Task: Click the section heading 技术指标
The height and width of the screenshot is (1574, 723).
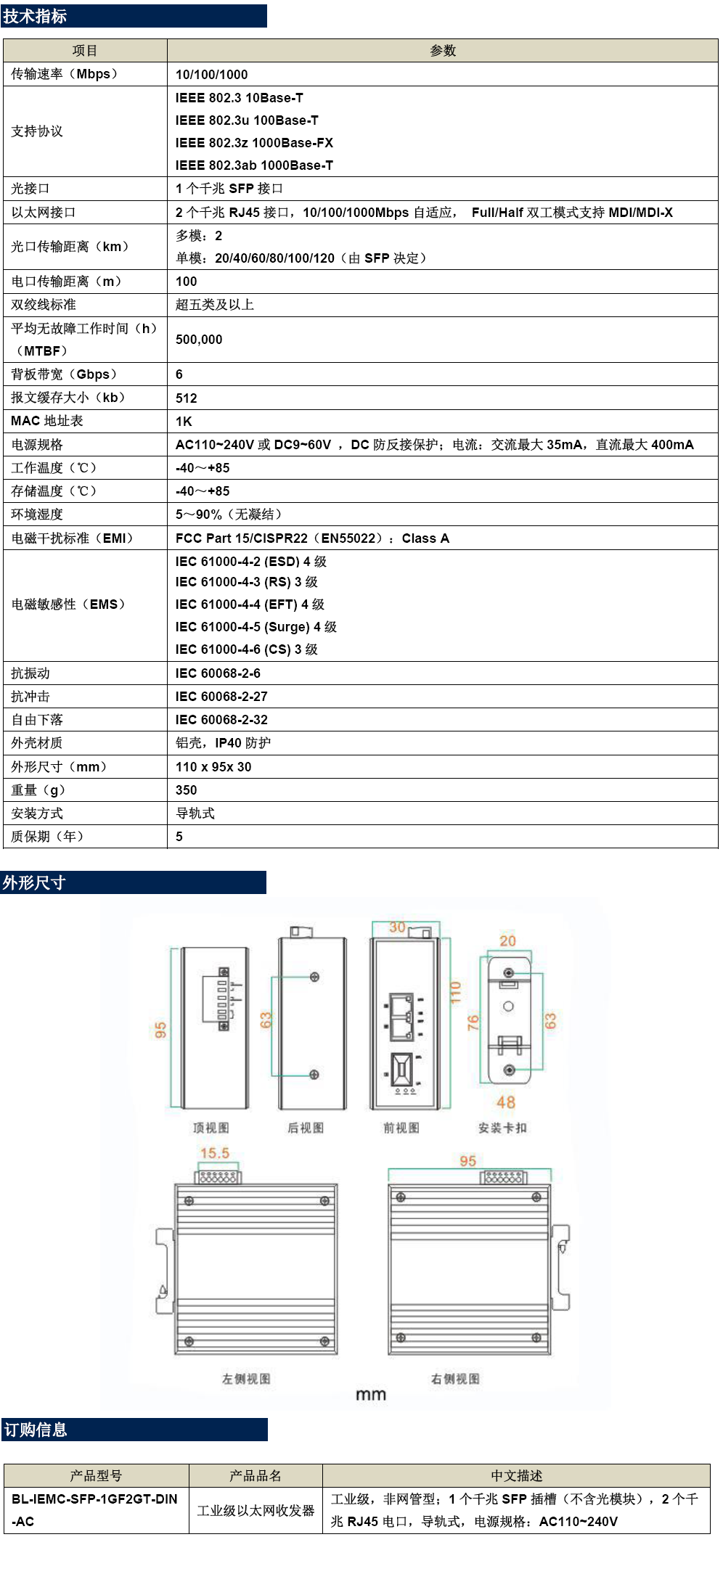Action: coord(35,16)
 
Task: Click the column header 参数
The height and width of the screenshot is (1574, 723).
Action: coord(443,51)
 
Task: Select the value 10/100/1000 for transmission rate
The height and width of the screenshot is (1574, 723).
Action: coord(211,75)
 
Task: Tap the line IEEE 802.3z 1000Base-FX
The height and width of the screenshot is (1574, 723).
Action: coord(254,143)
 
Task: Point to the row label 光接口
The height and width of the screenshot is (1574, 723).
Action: coord(30,189)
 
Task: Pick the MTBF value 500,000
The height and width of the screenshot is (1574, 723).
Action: coord(199,340)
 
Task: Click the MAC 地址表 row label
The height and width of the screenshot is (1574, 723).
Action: coord(47,421)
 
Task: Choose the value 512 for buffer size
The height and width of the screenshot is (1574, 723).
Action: coord(187,398)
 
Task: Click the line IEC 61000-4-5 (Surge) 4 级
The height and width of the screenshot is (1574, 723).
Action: coord(256,627)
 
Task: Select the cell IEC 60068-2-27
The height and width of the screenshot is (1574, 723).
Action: coord(221,697)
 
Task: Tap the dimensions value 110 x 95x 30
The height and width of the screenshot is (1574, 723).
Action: coord(213,767)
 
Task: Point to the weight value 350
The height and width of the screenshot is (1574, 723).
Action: coord(187,790)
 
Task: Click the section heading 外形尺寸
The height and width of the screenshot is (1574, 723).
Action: coord(34,882)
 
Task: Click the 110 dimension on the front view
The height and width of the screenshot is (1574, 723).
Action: coord(456,993)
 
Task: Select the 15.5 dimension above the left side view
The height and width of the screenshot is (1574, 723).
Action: coord(215,1153)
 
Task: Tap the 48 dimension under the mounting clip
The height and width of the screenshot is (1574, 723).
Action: coord(506,1102)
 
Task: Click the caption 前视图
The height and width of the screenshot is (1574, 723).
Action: coord(401,1128)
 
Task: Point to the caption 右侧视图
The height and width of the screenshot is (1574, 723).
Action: coord(455,1379)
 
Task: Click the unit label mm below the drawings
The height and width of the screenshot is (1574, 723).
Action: coord(371,1395)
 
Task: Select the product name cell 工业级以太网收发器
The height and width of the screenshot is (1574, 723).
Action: coord(256,1510)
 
